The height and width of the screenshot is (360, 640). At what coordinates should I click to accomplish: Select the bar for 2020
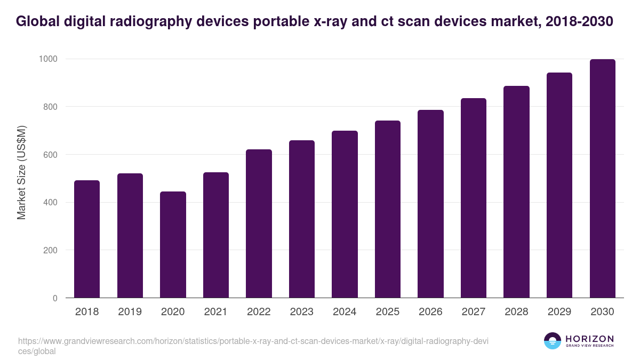173,245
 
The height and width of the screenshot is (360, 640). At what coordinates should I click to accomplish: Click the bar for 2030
602,179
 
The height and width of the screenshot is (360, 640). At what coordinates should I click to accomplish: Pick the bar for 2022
259,223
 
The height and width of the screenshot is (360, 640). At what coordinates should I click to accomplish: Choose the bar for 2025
388,209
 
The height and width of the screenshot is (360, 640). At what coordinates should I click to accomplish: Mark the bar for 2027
474,198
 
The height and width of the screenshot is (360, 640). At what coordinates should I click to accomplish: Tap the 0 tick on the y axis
55,298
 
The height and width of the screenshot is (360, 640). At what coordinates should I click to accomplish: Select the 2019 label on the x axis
130,312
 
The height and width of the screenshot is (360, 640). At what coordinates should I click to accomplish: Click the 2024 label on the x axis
345,312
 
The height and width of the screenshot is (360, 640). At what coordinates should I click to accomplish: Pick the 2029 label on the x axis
559,312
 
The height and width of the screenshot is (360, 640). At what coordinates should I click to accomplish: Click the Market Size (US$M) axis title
21,172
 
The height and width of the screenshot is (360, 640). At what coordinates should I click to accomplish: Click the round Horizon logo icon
553,341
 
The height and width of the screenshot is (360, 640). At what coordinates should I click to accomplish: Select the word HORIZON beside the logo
589,338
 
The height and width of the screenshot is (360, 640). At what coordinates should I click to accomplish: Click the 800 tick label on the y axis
50,107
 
